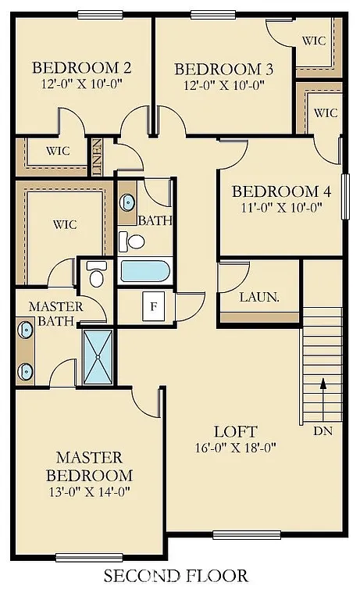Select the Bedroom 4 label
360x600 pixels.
276,191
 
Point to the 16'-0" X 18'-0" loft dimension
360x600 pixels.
236,448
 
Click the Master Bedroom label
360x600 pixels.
88,466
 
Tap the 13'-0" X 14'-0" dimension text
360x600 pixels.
88,491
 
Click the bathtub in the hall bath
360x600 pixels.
144,271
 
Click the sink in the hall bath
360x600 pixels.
127,202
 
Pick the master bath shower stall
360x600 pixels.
98,356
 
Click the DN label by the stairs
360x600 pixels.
322,430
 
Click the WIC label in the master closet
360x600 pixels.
65,224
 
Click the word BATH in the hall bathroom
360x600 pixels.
155,221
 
